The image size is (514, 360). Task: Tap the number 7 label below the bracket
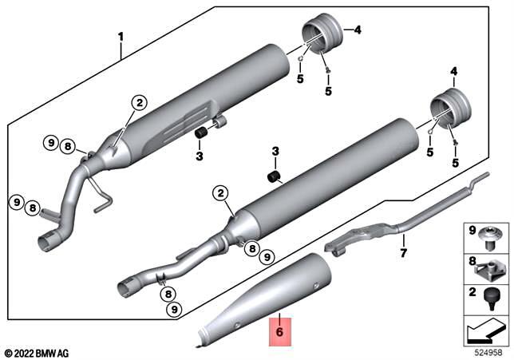click(x=404, y=254)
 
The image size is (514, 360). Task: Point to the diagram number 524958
click(x=486, y=351)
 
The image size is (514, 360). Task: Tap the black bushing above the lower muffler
click(x=275, y=175)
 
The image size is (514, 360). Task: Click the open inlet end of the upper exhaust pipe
click(x=48, y=240)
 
